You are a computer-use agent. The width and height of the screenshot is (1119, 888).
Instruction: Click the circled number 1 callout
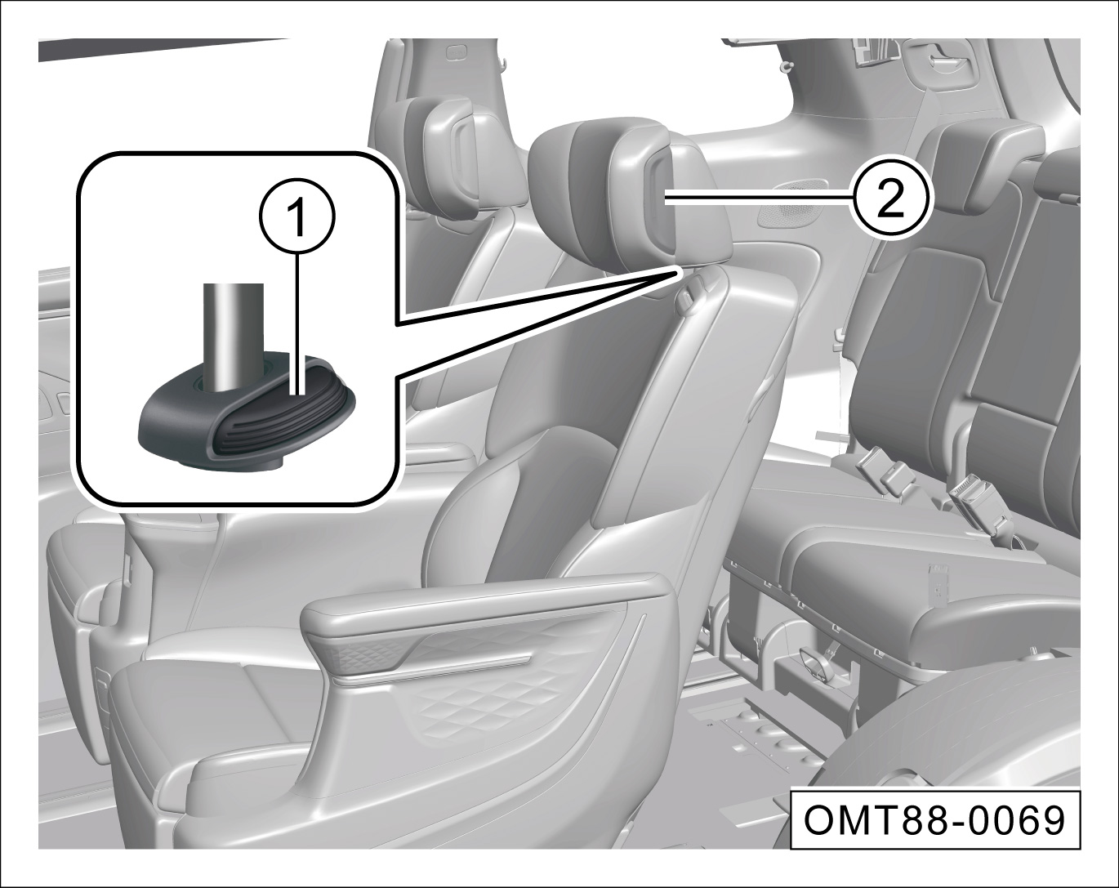point(298,218)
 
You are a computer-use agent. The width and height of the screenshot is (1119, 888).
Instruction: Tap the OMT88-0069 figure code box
point(935,820)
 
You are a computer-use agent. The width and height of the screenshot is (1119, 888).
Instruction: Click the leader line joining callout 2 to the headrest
point(758,197)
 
